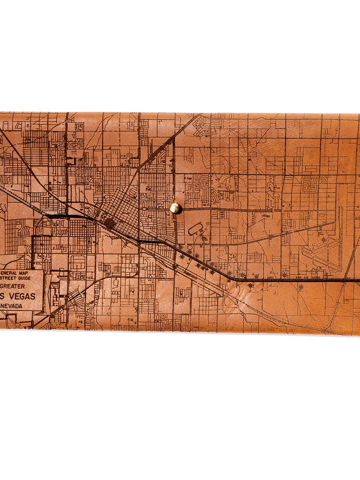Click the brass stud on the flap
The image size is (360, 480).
coord(175,207)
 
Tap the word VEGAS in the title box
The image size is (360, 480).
coord(22,296)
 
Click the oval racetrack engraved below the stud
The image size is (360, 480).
coord(195,229)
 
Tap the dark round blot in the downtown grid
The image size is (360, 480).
coord(109,223)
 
